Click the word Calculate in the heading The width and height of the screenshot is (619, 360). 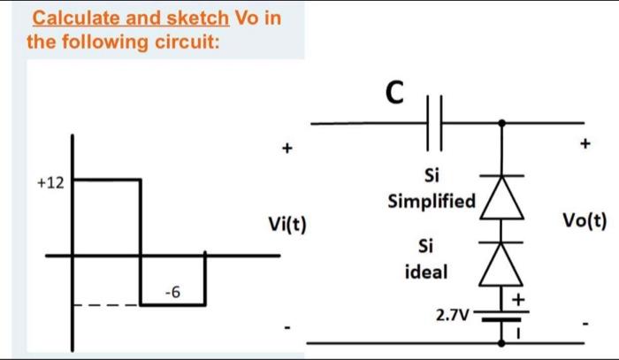coord(73,18)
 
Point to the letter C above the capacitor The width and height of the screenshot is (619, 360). coord(395,91)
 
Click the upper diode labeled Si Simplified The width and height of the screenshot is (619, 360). coord(503,196)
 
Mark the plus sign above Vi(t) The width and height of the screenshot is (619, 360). coord(285,149)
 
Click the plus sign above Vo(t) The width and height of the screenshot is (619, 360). coord(584,141)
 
